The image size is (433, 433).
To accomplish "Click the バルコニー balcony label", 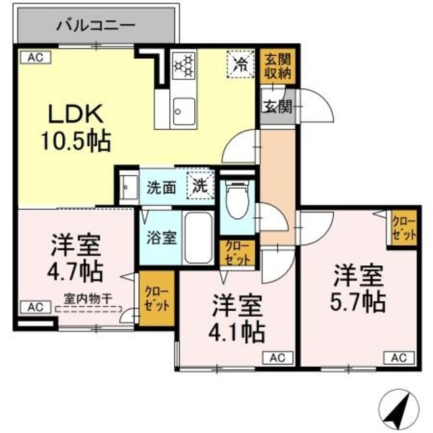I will (95, 28).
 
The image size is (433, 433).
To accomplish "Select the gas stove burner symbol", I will (183, 66).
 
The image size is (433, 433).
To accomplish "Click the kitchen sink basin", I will (183, 111).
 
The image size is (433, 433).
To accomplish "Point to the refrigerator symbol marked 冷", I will (240, 66).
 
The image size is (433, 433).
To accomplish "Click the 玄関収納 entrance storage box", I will (277, 66).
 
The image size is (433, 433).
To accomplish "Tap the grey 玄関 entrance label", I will (275, 106).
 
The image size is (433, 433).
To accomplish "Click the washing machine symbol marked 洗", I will (201, 184).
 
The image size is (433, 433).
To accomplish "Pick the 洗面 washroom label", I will (162, 187).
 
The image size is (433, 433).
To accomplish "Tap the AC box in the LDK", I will (35, 58).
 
